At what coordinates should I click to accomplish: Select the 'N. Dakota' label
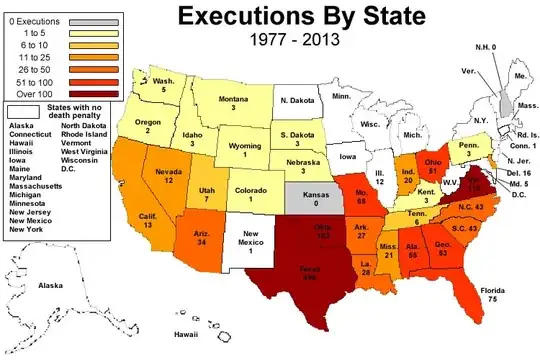[297, 100]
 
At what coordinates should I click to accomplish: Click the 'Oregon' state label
[147, 123]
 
